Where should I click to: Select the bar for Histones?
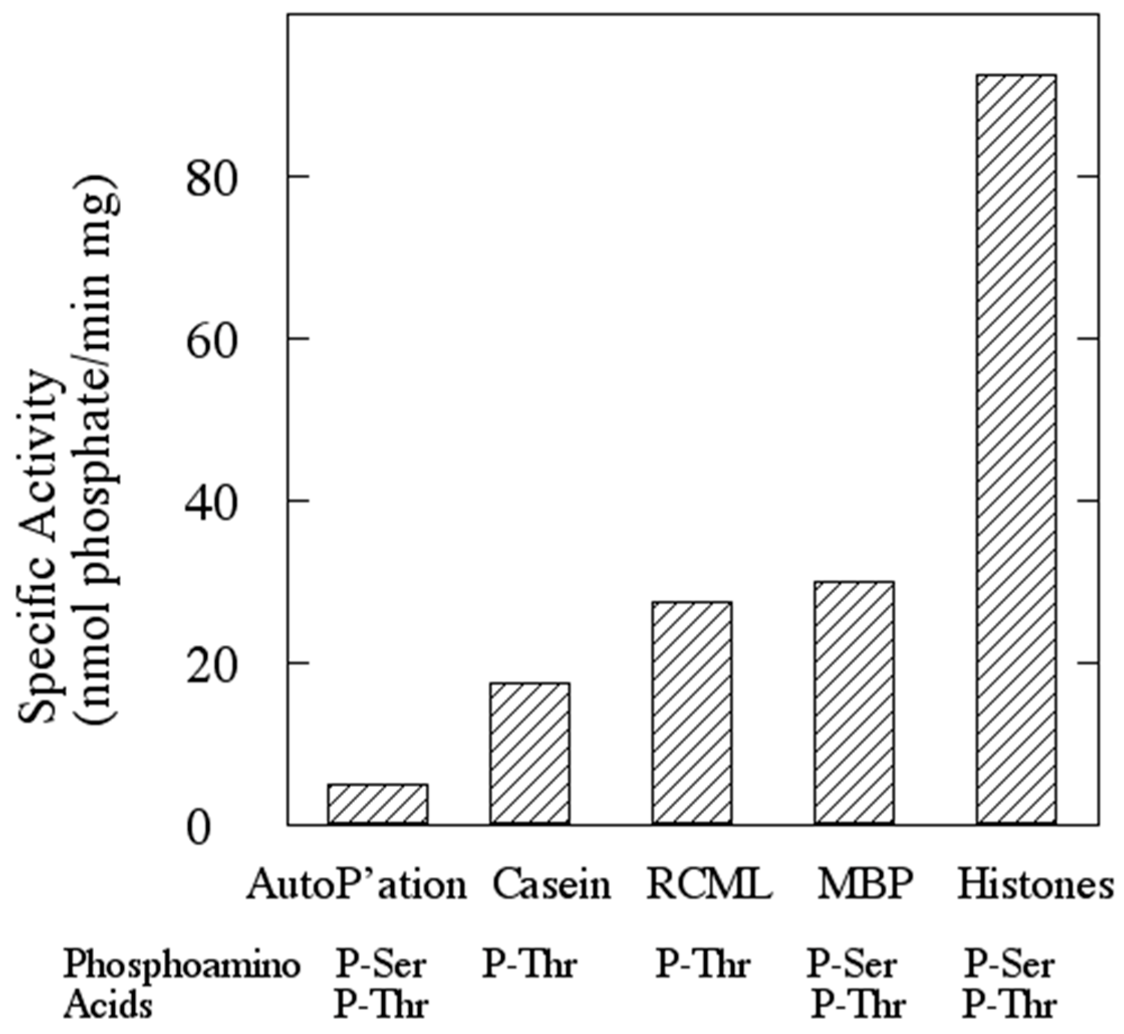click(x=1016, y=457)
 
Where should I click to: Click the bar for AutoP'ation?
click(x=378, y=805)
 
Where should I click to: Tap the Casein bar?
click(x=529, y=754)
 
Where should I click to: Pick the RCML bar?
click(x=692, y=713)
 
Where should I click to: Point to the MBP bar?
click(x=854, y=703)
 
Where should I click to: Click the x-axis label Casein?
click(x=552, y=885)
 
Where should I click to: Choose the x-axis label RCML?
click(x=709, y=885)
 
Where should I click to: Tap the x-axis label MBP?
click(x=865, y=885)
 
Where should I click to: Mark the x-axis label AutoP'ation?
click(x=356, y=885)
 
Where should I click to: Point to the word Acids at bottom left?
click(x=107, y=1006)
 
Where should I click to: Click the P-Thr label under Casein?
click(x=529, y=965)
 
